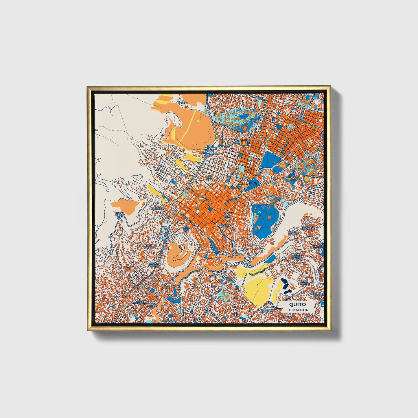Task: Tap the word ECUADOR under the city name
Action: [298, 310]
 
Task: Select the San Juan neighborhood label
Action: [209, 178]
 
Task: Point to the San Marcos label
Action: [224, 226]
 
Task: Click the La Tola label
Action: [252, 245]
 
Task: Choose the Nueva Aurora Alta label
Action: [120, 215]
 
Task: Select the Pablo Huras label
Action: [154, 305]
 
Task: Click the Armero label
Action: [183, 103]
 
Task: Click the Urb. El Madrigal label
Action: [317, 247]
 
